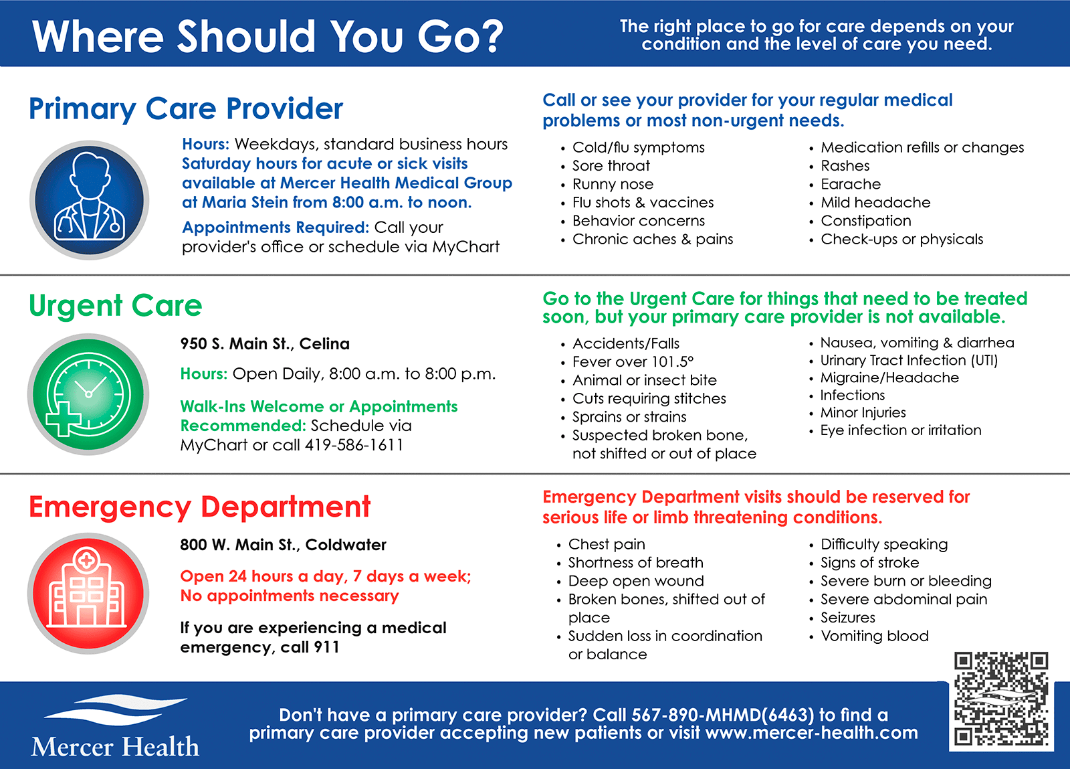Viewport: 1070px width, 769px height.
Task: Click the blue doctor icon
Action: click(90, 199)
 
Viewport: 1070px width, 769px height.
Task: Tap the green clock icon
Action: click(88, 394)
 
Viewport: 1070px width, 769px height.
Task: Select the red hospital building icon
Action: click(88, 593)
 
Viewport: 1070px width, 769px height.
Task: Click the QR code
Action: click(1001, 699)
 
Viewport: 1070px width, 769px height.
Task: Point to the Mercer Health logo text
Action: click(115, 746)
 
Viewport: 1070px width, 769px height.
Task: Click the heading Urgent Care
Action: click(116, 305)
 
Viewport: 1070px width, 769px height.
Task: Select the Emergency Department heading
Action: click(200, 507)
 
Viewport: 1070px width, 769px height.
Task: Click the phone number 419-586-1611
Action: click(354, 445)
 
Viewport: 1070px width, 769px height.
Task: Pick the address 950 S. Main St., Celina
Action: click(265, 343)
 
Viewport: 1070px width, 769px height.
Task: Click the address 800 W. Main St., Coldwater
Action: click(284, 545)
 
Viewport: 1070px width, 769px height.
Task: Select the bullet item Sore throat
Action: click(611, 166)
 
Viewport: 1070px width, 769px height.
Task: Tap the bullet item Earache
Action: click(851, 184)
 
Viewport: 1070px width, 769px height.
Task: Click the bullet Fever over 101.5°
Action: click(633, 362)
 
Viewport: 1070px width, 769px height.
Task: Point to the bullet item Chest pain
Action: click(607, 544)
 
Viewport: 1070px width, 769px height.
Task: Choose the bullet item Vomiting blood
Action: click(875, 636)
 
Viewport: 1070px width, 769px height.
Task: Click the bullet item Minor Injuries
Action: click(863, 412)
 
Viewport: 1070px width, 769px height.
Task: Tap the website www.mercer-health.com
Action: click(812, 733)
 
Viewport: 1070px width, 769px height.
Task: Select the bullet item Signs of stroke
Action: click(870, 563)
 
